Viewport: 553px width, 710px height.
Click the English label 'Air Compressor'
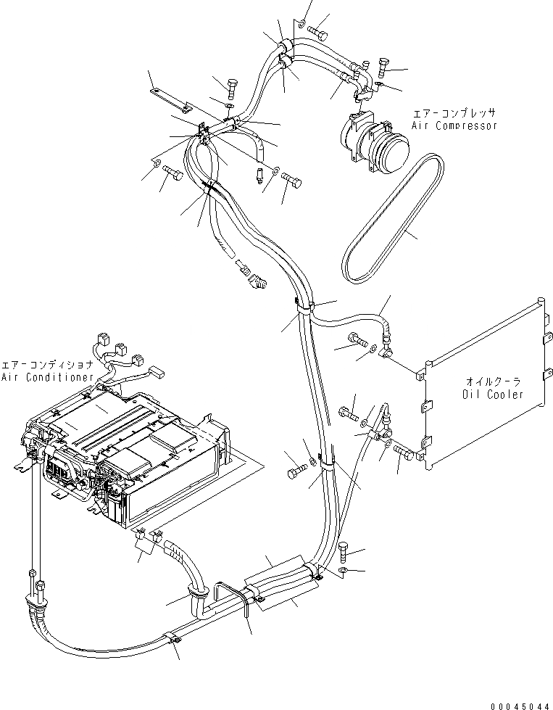[x=454, y=125]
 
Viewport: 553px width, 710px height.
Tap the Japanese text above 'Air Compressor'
[x=454, y=114]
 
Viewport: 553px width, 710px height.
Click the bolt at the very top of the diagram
[x=317, y=32]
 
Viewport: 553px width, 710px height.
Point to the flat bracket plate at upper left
[x=169, y=99]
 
